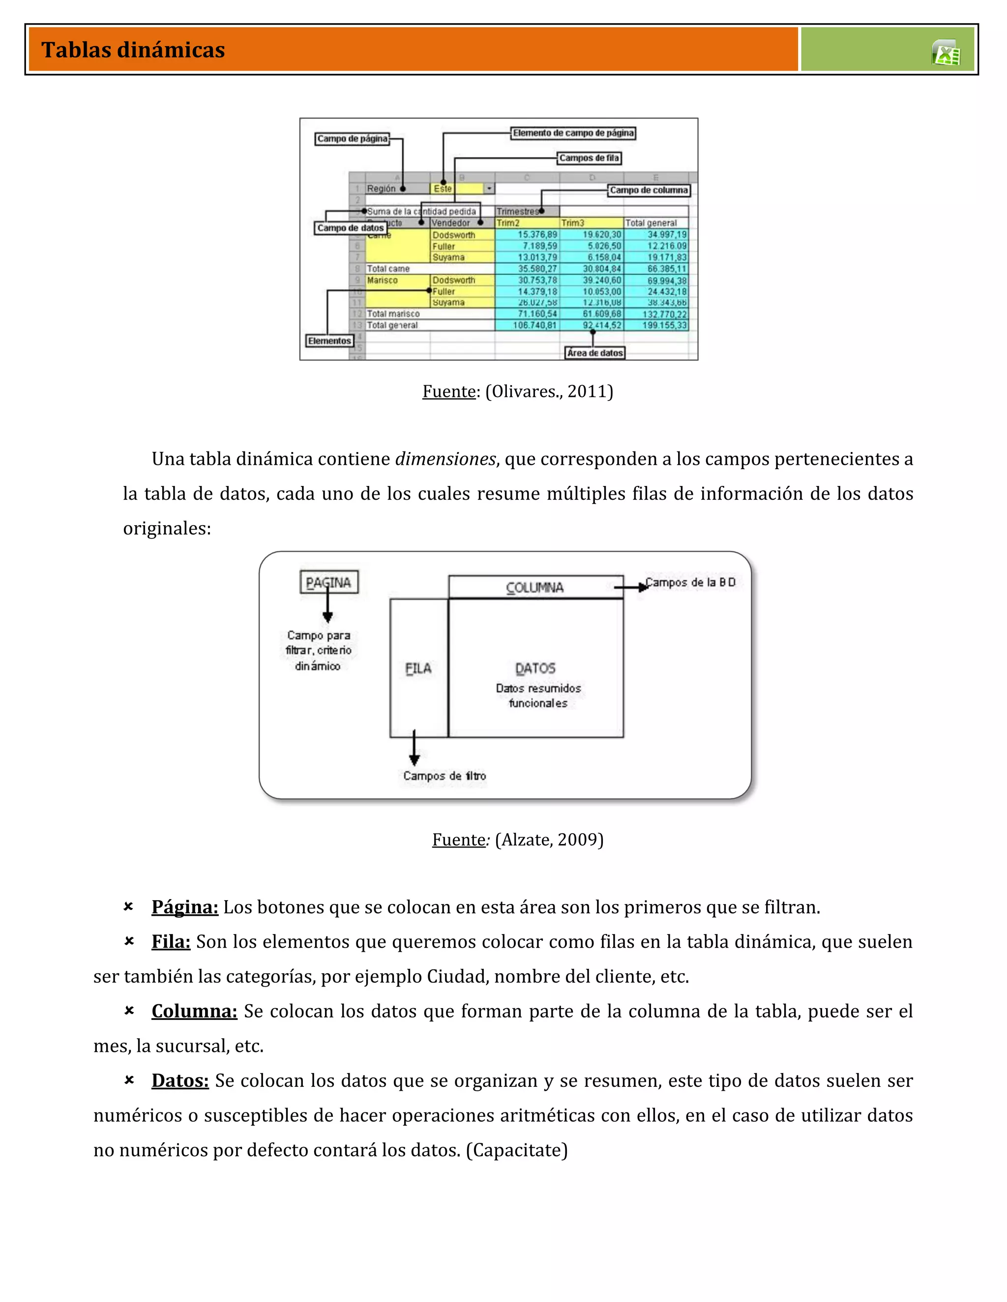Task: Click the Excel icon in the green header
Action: (946, 53)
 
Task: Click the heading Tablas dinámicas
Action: (133, 50)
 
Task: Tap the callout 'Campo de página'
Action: (352, 139)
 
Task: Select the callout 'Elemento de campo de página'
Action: (573, 133)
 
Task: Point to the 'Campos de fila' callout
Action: (589, 158)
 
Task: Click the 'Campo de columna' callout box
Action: (649, 190)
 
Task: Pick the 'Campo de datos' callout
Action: (350, 228)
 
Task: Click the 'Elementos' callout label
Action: (329, 341)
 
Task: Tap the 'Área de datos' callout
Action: (595, 353)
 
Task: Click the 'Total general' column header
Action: (651, 223)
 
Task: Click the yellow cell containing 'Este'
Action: (443, 188)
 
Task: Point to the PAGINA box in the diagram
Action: (329, 582)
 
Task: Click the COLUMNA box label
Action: (535, 587)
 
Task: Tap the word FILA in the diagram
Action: (418, 668)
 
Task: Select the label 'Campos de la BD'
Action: (691, 582)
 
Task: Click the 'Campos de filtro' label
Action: (444, 776)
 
